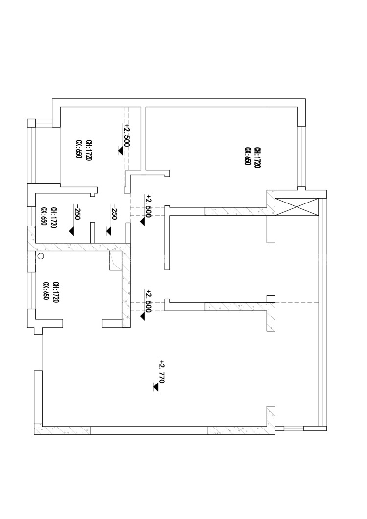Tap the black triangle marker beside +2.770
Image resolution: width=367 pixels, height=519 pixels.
[x=156, y=387]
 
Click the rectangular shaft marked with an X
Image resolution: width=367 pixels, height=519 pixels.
[x=297, y=207]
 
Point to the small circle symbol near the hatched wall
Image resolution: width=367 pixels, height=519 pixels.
[x=41, y=256]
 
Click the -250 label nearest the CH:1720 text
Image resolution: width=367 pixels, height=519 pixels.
[x=76, y=213]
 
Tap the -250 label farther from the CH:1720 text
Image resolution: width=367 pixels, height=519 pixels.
[x=115, y=213]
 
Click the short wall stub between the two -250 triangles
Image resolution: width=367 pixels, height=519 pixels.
[x=92, y=232]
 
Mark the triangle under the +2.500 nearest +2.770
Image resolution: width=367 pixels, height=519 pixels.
[x=142, y=316]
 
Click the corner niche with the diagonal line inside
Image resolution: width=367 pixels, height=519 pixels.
[x=115, y=260]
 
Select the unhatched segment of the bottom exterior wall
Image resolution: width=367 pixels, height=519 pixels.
[x=149, y=431]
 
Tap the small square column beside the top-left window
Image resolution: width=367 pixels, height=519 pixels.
[x=31, y=122]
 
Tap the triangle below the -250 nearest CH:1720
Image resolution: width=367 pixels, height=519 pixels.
[x=72, y=230]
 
